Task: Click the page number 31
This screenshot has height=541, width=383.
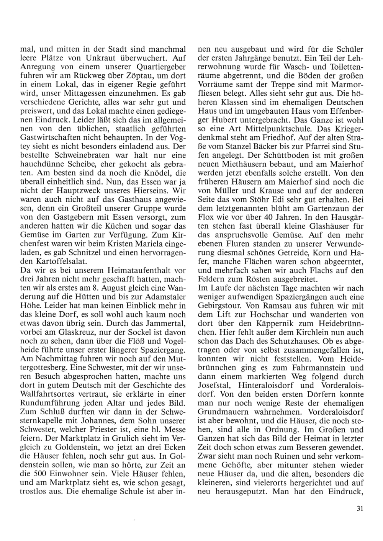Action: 359,508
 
